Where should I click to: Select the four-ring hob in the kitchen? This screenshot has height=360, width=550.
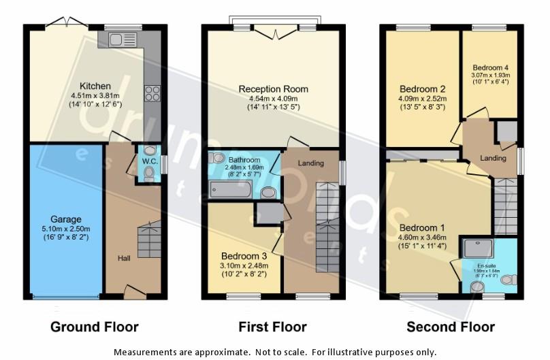point(150,93)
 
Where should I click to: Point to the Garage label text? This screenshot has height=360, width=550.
point(65,219)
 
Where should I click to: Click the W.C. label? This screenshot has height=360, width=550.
point(149,161)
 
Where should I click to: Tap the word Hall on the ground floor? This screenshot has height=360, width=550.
point(123,258)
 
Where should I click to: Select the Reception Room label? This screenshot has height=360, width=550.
point(273,88)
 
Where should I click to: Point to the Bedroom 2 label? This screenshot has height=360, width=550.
point(423,89)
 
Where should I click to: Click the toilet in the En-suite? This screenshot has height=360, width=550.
point(513,279)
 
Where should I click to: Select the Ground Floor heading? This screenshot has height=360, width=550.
point(95,327)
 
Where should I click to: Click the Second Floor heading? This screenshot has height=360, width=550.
point(450,327)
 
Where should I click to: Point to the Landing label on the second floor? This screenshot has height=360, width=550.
point(493,158)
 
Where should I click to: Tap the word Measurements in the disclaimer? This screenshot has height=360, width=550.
point(148,352)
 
